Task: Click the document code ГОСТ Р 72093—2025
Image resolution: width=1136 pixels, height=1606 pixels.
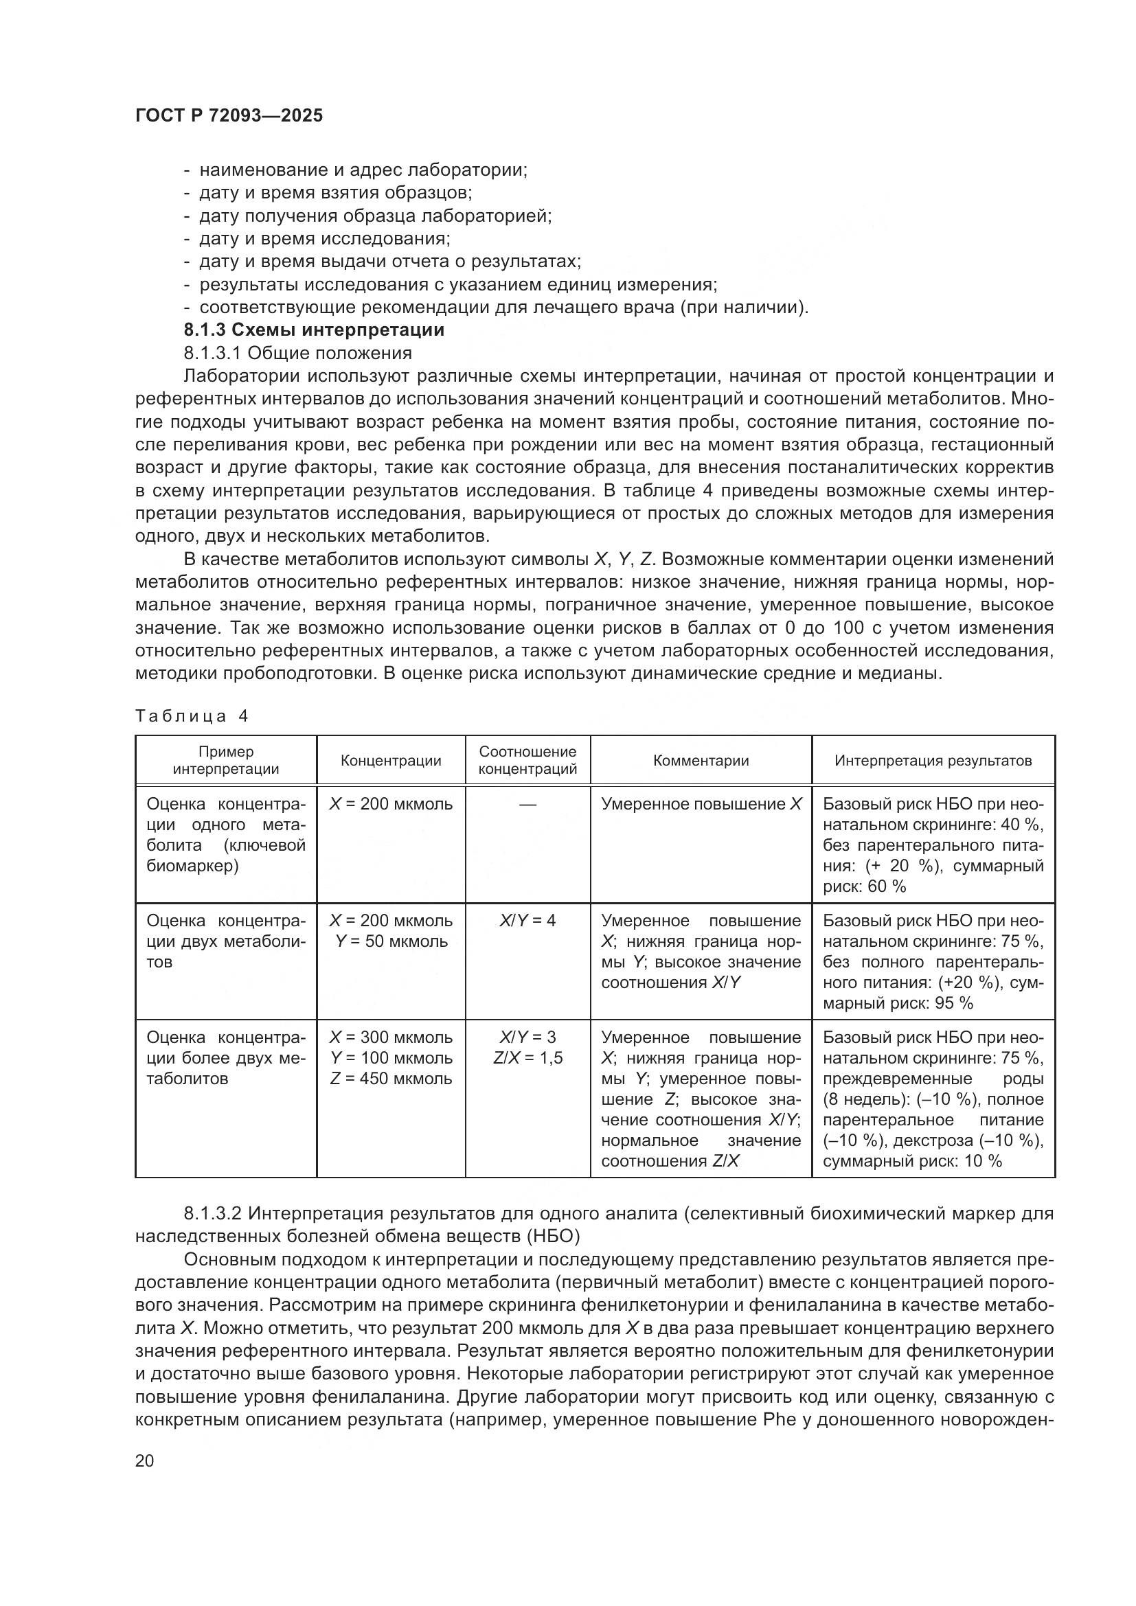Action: click(229, 116)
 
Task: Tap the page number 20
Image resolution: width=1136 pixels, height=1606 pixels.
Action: click(144, 1460)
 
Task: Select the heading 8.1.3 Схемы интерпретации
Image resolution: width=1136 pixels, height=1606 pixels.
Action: click(314, 330)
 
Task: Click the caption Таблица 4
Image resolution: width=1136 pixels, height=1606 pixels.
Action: click(192, 716)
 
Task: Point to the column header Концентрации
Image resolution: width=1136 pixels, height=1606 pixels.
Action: click(390, 760)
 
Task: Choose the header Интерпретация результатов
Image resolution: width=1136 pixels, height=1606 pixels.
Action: click(933, 760)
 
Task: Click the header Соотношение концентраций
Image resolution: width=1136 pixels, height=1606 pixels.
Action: click(527, 760)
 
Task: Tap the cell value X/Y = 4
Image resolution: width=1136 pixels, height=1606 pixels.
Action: click(527, 921)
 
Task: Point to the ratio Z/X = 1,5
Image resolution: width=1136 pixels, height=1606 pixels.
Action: click(527, 1057)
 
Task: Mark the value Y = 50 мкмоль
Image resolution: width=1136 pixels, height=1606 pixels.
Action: click(391, 941)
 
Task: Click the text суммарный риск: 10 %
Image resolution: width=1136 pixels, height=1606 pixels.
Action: click(912, 1161)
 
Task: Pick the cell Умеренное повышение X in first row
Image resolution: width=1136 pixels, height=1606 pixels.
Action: click(701, 805)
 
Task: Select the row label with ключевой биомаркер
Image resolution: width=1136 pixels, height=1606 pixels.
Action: click(226, 835)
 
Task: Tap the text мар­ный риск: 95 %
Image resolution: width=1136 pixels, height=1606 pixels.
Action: click(898, 1003)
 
